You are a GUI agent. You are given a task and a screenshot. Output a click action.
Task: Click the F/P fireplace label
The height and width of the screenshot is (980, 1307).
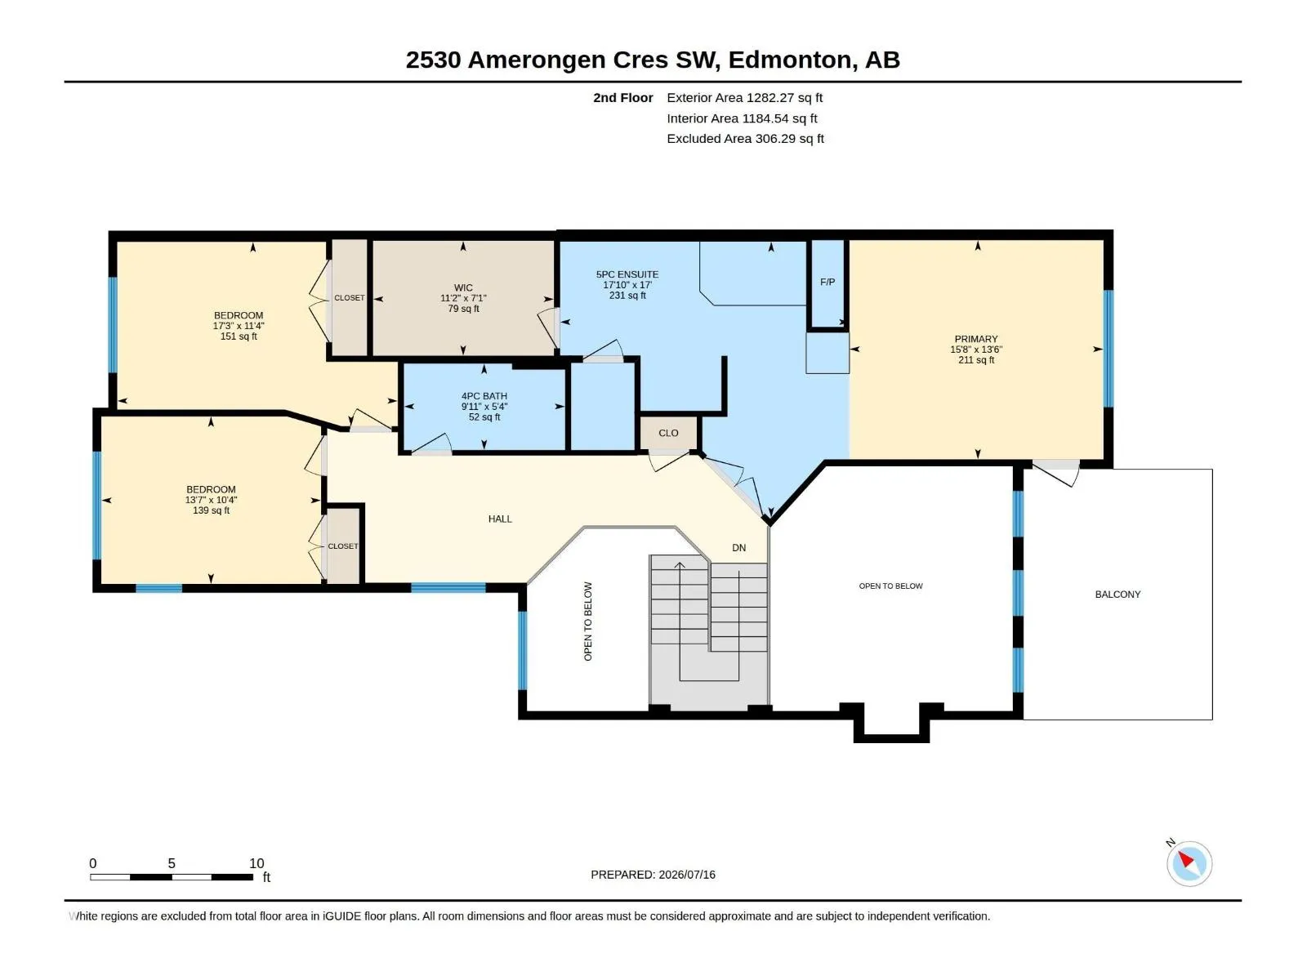pos(827,282)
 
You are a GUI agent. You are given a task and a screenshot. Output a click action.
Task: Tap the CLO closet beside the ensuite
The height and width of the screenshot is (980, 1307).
pos(668,433)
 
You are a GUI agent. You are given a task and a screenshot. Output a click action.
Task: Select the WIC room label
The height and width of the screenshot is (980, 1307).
pos(463,287)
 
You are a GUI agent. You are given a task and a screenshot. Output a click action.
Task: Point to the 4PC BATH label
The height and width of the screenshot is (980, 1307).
pos(484,396)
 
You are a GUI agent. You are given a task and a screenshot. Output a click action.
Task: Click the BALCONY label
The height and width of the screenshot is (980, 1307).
pos(1117,594)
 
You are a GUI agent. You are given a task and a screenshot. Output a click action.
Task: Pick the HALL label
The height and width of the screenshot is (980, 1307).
pos(500,519)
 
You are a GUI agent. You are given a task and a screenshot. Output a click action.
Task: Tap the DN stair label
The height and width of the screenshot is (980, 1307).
pos(739,547)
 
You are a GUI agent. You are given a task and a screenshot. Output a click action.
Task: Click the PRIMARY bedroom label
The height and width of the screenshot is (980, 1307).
pos(976,339)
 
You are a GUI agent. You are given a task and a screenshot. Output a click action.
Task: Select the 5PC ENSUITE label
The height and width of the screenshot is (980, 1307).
pos(627,274)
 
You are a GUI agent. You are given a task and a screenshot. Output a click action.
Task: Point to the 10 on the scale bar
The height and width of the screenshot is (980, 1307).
pos(256,862)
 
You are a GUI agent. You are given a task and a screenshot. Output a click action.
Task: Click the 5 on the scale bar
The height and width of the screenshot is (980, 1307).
pos(172,862)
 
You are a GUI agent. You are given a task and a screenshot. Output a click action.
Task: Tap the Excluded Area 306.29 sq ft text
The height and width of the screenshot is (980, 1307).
pos(745,139)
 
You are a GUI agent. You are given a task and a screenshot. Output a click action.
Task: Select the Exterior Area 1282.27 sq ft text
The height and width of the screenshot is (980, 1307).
pos(744,97)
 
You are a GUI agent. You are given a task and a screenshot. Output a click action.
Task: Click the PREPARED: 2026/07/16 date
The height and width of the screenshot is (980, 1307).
pos(653,874)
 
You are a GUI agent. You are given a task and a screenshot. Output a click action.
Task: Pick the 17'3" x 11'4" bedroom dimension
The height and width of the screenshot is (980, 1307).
pos(239,326)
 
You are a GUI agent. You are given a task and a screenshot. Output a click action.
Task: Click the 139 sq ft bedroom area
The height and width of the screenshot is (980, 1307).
pos(211,510)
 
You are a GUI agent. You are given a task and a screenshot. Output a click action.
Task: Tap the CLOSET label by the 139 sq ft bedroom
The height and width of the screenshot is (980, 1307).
pos(343,546)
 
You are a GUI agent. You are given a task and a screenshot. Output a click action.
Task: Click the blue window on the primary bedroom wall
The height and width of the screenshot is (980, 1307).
pos(1108,348)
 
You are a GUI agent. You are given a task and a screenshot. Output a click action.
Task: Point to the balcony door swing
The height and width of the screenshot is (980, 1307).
pos(1055,473)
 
